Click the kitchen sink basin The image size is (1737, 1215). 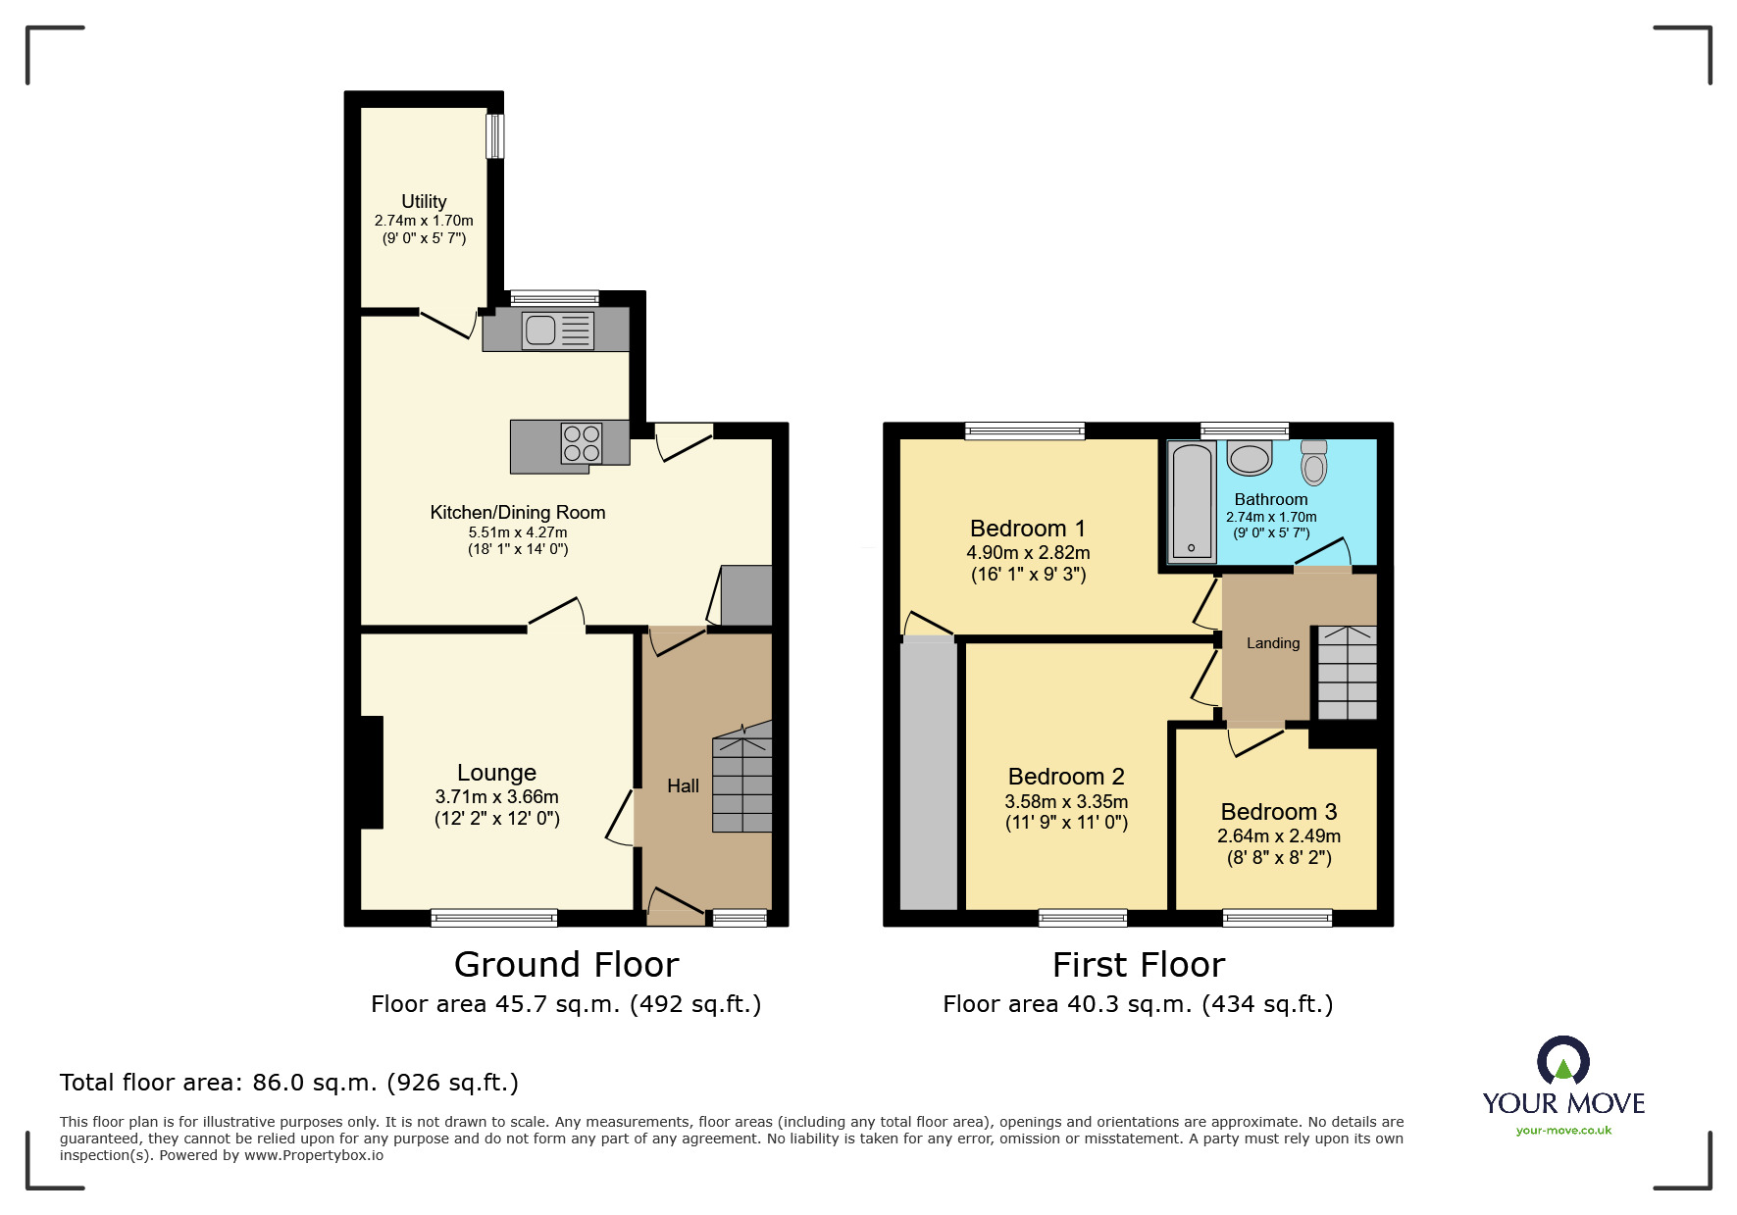tap(540, 330)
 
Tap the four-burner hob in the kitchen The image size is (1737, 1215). tap(582, 443)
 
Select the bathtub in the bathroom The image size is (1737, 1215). tap(1192, 502)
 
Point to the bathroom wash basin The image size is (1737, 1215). tap(1250, 458)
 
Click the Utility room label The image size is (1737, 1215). tap(424, 201)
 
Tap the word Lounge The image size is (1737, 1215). tap(496, 773)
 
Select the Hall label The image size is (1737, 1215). tap(683, 785)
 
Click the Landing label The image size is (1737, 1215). tap(1272, 643)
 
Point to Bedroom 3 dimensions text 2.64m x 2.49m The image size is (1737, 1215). tap(1278, 836)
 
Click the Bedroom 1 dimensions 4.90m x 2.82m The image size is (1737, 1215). tap(1028, 553)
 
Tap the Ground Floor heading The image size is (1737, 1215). tap(566, 965)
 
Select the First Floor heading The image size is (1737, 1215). tap(1138, 965)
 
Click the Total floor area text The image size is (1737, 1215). tap(288, 1083)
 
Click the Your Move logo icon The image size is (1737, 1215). tap(1562, 1061)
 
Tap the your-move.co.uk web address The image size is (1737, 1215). tap(1563, 1131)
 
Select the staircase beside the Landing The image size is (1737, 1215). tap(1347, 673)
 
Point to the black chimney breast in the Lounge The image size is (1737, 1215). tap(372, 773)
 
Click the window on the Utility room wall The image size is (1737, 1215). tap(495, 136)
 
